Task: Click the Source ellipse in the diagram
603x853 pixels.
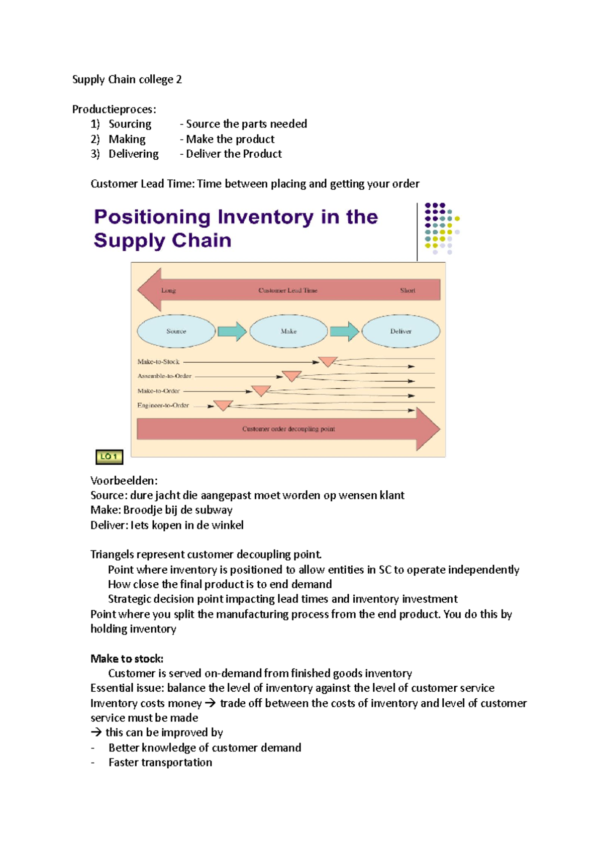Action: click(176, 331)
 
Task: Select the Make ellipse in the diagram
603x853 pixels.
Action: click(288, 331)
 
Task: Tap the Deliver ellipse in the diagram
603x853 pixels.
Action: click(400, 331)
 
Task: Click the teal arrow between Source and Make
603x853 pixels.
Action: click(232, 331)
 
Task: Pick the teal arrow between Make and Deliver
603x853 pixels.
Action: click(344, 331)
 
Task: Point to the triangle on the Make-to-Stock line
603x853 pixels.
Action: click(328, 361)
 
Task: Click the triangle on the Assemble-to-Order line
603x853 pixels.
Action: click(292, 376)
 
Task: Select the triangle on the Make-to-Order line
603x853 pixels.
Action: click(261, 390)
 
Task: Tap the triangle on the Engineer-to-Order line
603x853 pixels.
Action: click(223, 405)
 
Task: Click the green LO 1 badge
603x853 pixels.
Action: click(109, 457)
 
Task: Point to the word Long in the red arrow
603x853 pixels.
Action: click(168, 290)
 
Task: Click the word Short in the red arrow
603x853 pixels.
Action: click(408, 290)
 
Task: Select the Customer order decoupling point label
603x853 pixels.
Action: click(288, 429)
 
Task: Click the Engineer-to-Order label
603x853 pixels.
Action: click(163, 405)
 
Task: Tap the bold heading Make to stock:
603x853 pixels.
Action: click(127, 659)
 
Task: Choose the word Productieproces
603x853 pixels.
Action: click(113, 110)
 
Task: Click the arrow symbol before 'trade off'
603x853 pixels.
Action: click(210, 703)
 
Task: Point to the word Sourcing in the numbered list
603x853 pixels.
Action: click(130, 124)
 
